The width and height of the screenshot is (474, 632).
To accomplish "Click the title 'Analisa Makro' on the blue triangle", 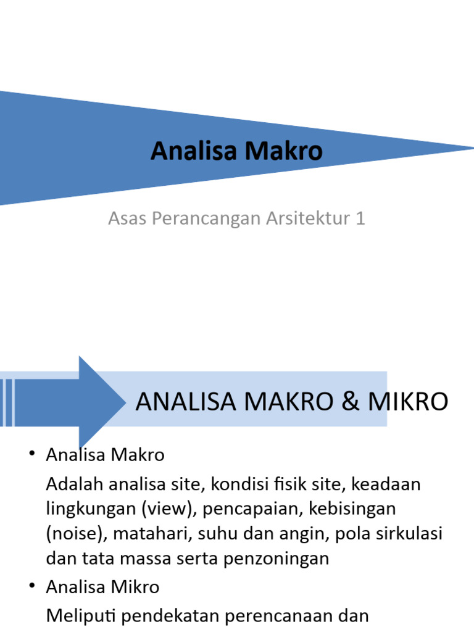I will coord(236,151).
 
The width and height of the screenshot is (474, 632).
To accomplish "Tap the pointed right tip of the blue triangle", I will coord(469,148).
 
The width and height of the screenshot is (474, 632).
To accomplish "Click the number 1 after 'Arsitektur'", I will coord(360,218).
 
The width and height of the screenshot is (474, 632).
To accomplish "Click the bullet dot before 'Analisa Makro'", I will coord(31,455).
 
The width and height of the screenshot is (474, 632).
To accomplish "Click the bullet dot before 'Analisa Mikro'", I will coord(31,587).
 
